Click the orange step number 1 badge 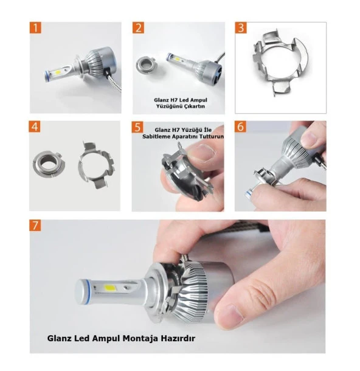click(x=35, y=28)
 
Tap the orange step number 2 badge click(x=139, y=28)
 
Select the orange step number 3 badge click(x=241, y=28)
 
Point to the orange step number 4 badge click(x=35, y=127)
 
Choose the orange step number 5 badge click(x=137, y=127)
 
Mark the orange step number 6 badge click(x=240, y=127)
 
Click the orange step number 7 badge click(x=35, y=225)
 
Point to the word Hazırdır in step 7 click(x=178, y=338)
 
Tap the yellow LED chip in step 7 click(x=109, y=288)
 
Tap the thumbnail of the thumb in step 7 click(x=230, y=315)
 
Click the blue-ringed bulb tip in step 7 click(x=83, y=292)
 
